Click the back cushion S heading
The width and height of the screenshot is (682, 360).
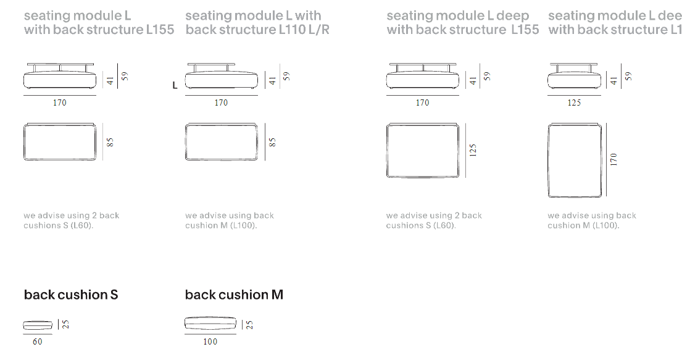coord(70,295)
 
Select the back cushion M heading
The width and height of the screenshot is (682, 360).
coord(234,295)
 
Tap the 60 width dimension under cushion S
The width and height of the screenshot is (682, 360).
coord(38,341)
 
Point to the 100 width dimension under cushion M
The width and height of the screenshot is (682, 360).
coord(210,341)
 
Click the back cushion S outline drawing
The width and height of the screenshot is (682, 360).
coord(38,325)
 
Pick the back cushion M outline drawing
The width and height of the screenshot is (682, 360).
coord(210,324)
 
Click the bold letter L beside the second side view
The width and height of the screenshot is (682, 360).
coord(175,86)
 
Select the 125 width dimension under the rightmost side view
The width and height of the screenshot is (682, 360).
coord(574,103)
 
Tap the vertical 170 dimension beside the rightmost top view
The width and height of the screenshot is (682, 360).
coord(613,159)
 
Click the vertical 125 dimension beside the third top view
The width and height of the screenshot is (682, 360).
coord(473,151)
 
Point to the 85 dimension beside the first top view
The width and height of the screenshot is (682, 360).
coord(110,142)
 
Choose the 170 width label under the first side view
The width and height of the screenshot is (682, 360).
coord(59,103)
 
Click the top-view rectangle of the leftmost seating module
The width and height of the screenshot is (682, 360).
coord(59,142)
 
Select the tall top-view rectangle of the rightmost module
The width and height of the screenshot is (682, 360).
coord(574,160)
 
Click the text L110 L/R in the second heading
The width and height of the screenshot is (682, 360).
coord(301,30)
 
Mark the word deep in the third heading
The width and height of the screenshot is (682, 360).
coord(512,15)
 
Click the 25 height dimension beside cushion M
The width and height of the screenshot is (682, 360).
coord(249,324)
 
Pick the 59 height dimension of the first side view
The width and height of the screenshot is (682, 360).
coord(124,76)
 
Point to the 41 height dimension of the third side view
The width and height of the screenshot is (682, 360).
coord(473,80)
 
